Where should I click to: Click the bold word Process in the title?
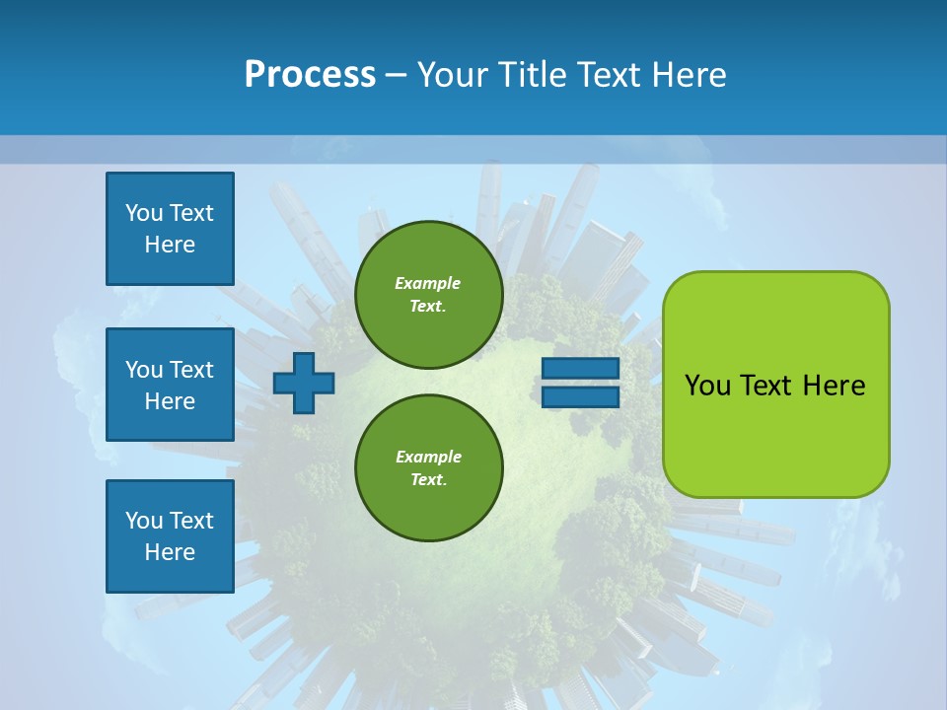[310, 75]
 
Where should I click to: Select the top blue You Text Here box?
[170, 229]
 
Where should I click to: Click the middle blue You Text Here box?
[170, 385]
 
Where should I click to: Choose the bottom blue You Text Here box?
[170, 536]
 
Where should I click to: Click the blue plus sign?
[304, 383]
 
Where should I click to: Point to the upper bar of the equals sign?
[580, 368]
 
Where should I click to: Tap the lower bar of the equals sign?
[580, 397]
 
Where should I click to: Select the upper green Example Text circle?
[428, 294]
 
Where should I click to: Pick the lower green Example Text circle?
[428, 467]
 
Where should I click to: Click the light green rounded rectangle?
[775, 434]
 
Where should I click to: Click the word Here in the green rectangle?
[834, 386]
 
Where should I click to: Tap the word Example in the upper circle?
[428, 283]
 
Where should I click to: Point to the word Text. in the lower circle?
[428, 480]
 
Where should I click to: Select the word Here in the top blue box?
[170, 245]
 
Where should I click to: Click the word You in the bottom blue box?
[144, 521]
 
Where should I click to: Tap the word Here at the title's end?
[691, 75]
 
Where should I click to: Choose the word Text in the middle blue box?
[192, 370]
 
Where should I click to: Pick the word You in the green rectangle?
[707, 386]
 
